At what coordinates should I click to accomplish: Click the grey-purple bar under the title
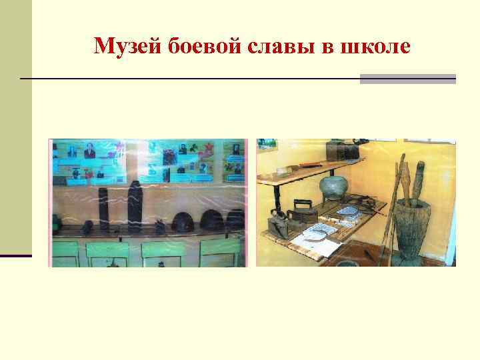pos(407,79)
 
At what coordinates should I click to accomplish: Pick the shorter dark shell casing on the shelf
pos(103,208)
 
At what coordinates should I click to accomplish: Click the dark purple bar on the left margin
pos(15,255)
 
